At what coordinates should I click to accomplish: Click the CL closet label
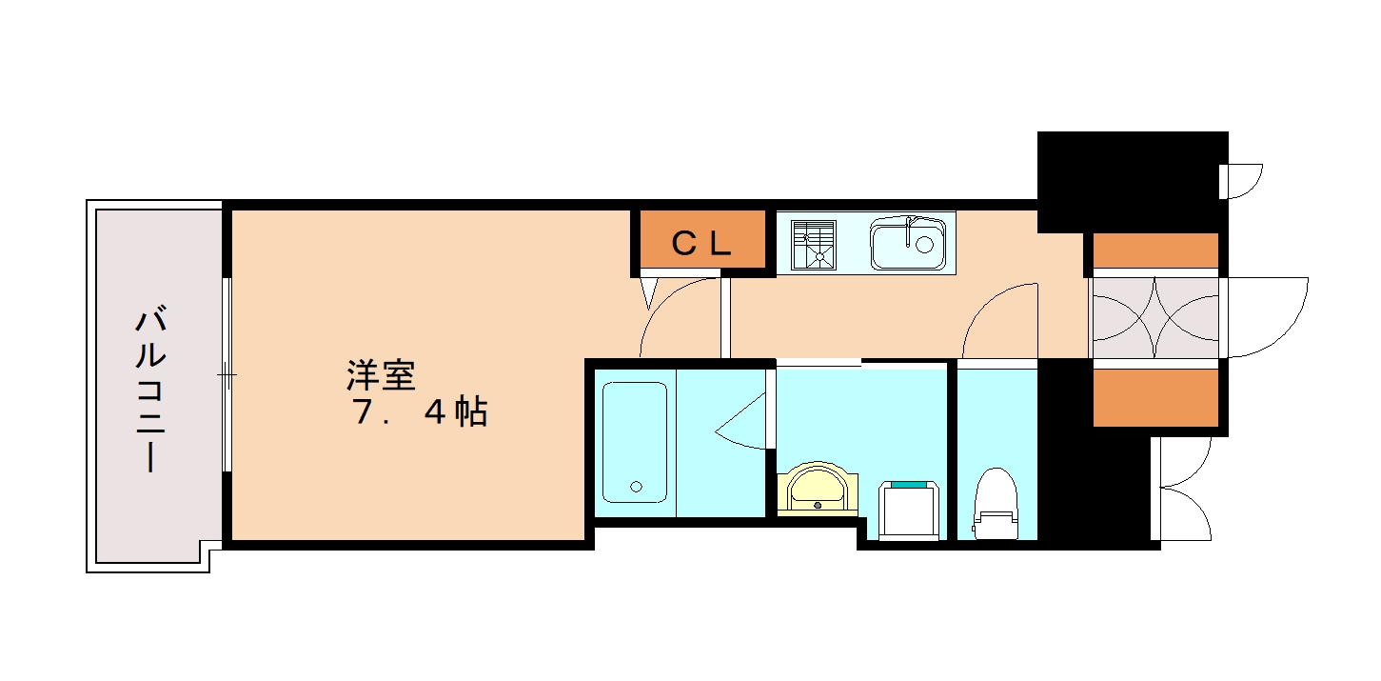pyautogui.click(x=701, y=244)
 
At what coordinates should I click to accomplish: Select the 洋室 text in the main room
pyautogui.click(x=381, y=375)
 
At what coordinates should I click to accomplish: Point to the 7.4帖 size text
pyautogui.click(x=419, y=411)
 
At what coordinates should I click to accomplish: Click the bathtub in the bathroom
pyautogui.click(x=635, y=442)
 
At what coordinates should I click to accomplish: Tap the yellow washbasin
pyautogui.click(x=818, y=489)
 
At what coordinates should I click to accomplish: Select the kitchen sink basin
pyautogui.click(x=908, y=243)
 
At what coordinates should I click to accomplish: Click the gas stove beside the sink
pyautogui.click(x=815, y=243)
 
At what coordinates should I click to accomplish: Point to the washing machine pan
pyautogui.click(x=909, y=510)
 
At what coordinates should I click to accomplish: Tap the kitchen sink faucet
pyautogui.click(x=911, y=229)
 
